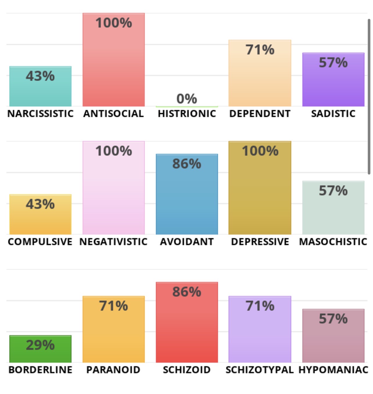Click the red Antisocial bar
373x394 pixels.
114,67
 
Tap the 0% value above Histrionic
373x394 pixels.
186,99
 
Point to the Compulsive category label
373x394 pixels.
40,242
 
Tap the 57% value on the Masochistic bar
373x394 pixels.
333,191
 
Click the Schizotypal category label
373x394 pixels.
259,370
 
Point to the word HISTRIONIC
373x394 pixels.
187,114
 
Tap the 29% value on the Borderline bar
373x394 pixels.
40,345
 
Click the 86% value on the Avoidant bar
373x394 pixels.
187,164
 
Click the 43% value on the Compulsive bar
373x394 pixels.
40,204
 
